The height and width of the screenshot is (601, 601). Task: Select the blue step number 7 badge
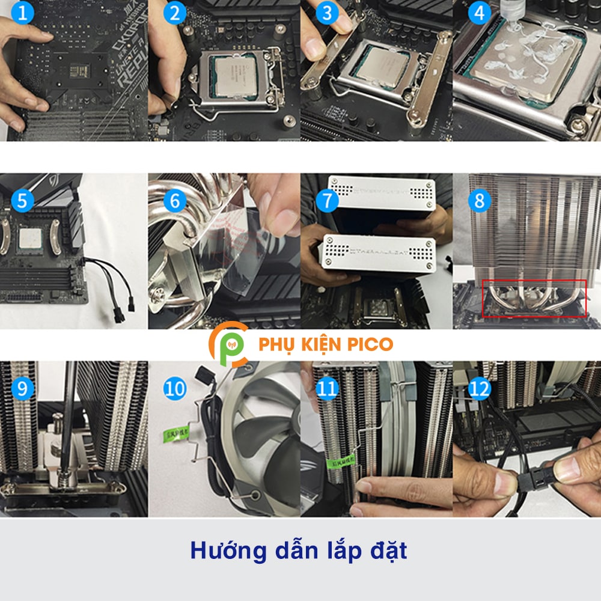(x=327, y=201)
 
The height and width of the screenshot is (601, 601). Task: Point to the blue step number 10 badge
(x=174, y=389)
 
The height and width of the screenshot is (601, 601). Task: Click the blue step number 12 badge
(x=479, y=389)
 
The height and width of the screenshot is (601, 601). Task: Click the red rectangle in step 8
(x=534, y=297)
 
